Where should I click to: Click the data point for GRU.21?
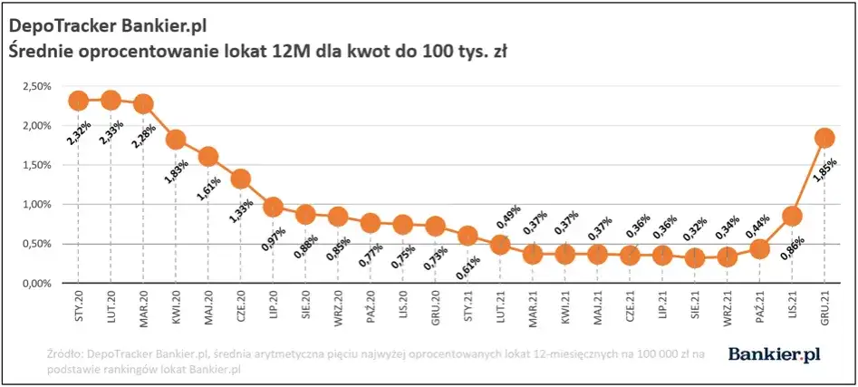[824, 138]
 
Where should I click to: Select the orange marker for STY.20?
[78, 101]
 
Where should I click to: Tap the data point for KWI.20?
[176, 140]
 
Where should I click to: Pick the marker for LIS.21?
[791, 216]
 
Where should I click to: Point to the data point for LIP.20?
[273, 207]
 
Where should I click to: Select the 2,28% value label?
[142, 142]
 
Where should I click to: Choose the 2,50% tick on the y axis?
[35, 86]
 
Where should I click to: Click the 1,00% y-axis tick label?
[35, 205]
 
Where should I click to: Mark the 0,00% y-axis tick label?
[35, 284]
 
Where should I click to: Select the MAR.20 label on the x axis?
[143, 306]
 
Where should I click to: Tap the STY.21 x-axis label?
[468, 306]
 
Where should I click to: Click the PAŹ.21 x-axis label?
[759, 306]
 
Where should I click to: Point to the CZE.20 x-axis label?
[241, 306]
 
